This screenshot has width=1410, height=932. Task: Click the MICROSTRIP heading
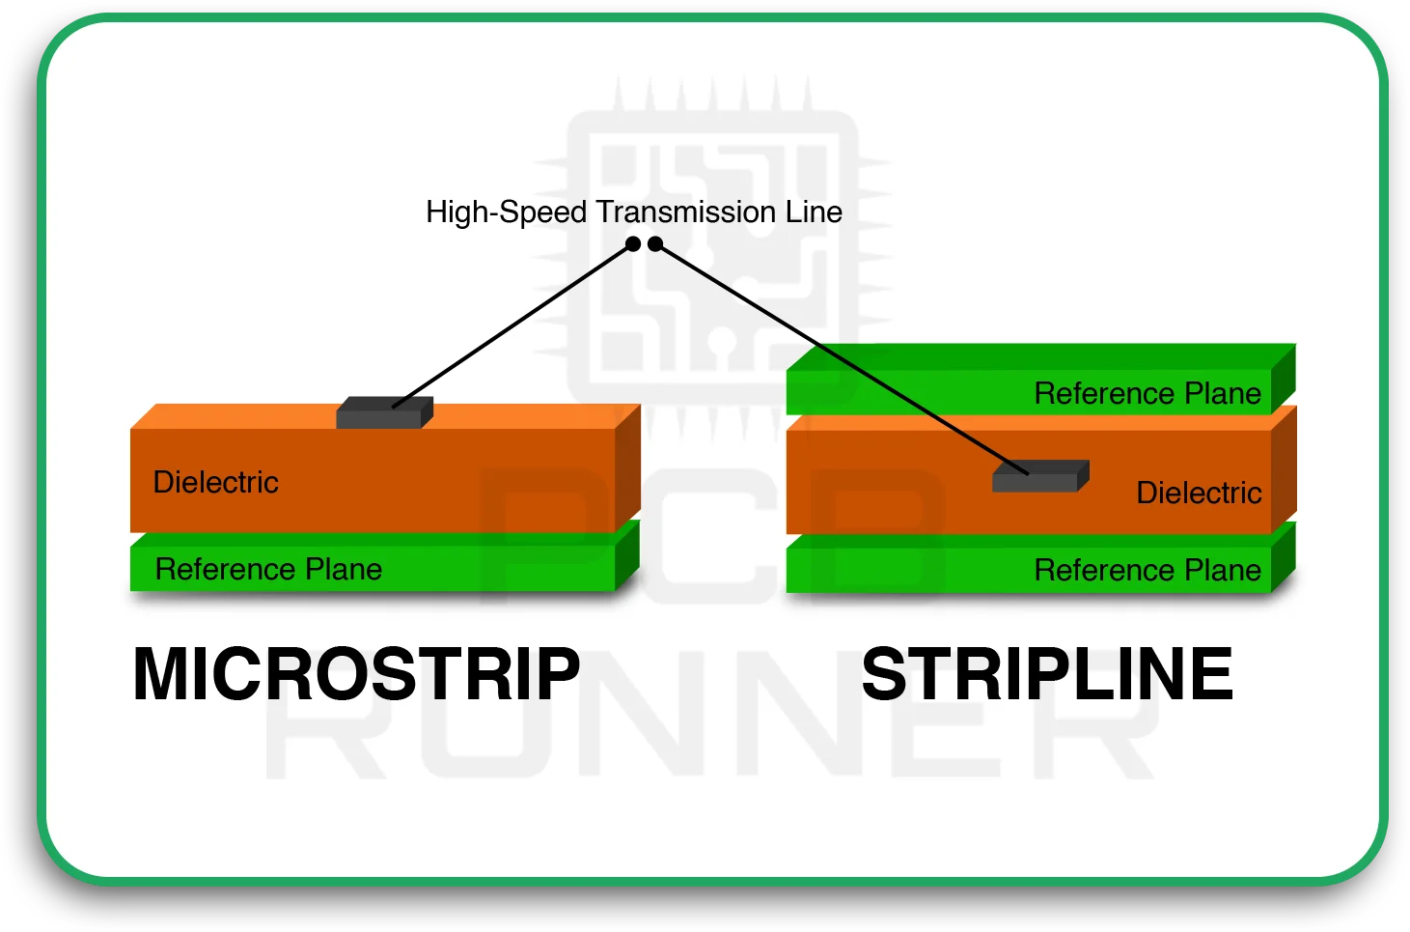pyautogui.click(x=356, y=674)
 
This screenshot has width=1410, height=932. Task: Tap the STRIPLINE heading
pyautogui.click(x=1046, y=674)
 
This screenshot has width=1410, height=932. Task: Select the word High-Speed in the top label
pyautogui.click(x=506, y=212)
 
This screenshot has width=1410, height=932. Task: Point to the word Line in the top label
pyautogui.click(x=814, y=212)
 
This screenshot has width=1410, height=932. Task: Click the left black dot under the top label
pyautogui.click(x=633, y=243)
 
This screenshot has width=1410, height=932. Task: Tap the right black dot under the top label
pyautogui.click(x=655, y=243)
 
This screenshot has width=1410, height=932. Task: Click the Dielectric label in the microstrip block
pyautogui.click(x=215, y=482)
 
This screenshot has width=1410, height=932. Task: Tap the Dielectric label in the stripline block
pyautogui.click(x=1199, y=493)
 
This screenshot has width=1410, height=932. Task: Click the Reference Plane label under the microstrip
pyautogui.click(x=268, y=569)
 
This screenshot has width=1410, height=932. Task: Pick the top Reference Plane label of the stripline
pyautogui.click(x=1147, y=393)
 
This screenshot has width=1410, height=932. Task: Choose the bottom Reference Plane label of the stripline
pyautogui.click(x=1147, y=570)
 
